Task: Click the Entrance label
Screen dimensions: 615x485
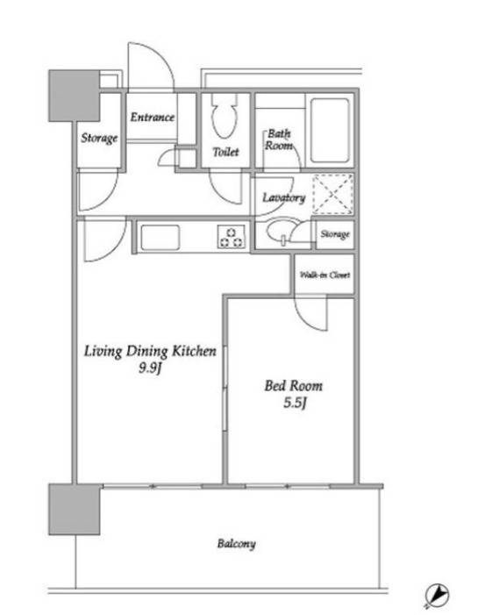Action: [152, 117]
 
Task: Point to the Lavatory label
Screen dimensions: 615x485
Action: [284, 198]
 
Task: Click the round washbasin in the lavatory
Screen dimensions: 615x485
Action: [283, 233]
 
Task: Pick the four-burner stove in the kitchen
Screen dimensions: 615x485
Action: [231, 236]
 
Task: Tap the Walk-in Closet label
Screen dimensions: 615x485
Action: [325, 275]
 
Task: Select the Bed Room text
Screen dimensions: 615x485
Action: [294, 386]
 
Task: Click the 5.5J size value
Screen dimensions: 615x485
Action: [294, 404]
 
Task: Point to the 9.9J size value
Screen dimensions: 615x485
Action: [150, 369]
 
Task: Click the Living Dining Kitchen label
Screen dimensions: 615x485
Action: [150, 352]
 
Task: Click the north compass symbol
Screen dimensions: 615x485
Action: [436, 596]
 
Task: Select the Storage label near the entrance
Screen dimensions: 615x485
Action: [100, 138]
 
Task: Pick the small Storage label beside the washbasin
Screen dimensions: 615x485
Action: [334, 234]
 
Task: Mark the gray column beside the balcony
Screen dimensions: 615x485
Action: [73, 509]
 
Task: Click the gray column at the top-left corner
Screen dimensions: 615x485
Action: [72, 94]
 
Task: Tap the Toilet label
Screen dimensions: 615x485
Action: [225, 153]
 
